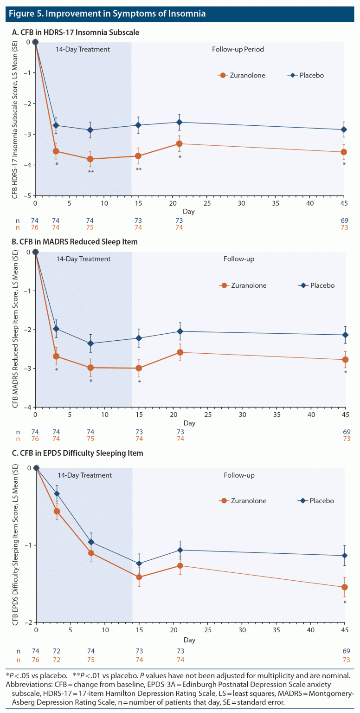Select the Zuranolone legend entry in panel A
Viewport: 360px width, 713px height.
[x=242, y=75]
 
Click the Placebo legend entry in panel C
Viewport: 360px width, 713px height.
[x=315, y=501]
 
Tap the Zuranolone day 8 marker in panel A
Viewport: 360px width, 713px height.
[x=91, y=159]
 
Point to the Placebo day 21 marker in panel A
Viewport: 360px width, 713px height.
[x=179, y=122]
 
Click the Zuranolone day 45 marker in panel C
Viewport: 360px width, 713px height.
[x=345, y=587]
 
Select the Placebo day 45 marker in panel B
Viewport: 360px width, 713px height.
[x=345, y=335]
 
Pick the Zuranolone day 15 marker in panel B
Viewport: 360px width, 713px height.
[x=138, y=368]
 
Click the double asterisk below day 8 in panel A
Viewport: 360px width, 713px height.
[x=91, y=172]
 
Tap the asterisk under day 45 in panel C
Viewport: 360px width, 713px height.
[x=345, y=603]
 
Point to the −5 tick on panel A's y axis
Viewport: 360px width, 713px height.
[x=29, y=195]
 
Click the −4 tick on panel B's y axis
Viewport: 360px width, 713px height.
[x=29, y=407]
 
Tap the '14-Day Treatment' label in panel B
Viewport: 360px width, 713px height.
[x=84, y=259]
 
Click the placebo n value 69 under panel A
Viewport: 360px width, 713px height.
[x=344, y=220]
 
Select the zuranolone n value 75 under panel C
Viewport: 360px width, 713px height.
[x=91, y=660]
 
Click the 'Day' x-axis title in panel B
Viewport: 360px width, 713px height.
[x=189, y=423]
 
